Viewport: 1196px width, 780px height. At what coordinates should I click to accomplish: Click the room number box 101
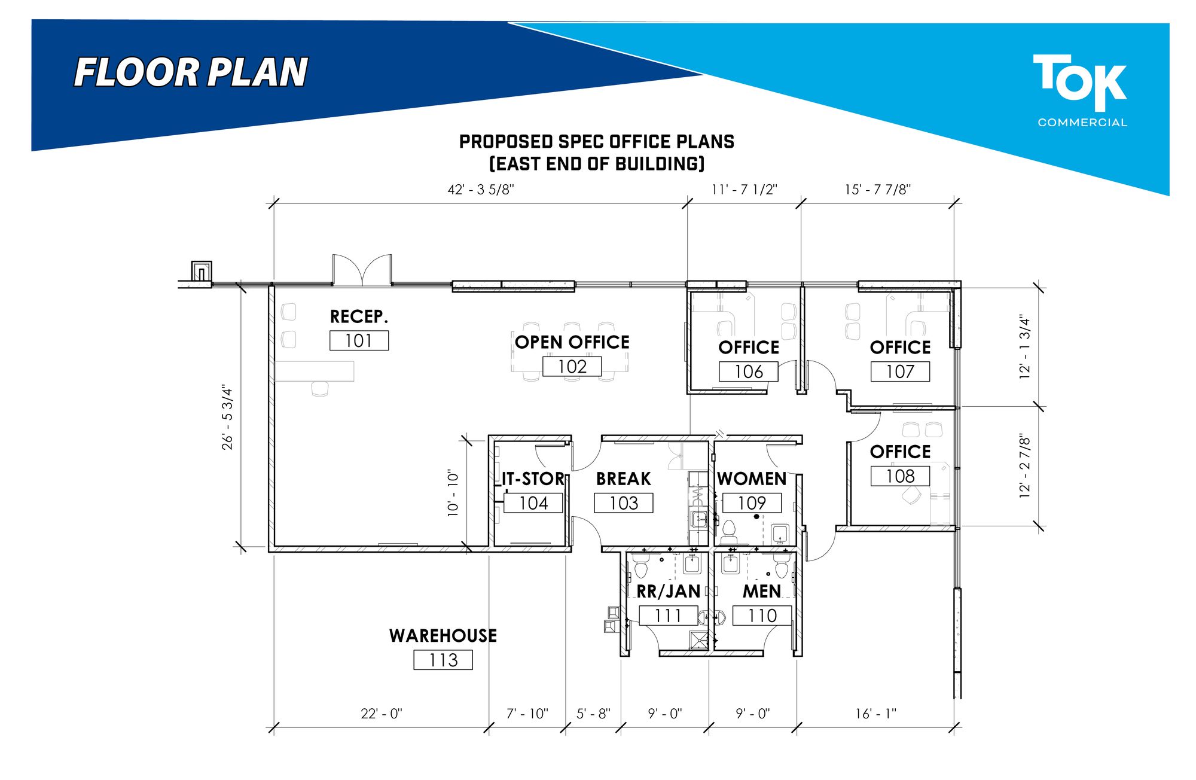point(359,340)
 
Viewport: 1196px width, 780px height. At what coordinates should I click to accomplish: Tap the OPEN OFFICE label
point(572,342)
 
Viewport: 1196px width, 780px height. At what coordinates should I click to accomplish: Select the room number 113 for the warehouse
point(443,660)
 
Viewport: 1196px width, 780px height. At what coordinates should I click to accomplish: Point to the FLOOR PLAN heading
point(191,73)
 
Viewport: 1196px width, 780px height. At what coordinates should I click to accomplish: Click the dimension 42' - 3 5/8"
point(481,190)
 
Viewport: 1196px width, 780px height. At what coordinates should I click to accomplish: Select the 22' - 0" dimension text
point(382,714)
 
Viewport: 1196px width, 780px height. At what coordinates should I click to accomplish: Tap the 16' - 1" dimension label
point(875,714)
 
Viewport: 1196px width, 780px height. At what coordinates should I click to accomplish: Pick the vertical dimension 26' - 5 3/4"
point(227,417)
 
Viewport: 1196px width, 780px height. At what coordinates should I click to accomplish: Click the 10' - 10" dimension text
point(453,493)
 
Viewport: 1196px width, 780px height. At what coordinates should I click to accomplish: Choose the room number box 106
point(749,371)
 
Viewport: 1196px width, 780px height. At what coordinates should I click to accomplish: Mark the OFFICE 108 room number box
point(900,476)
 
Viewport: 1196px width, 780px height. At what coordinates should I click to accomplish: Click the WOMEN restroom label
point(752,479)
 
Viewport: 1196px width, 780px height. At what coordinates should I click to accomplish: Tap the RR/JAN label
point(668,592)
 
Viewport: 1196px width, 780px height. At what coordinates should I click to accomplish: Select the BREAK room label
point(623,479)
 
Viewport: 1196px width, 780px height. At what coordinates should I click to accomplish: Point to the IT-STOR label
point(533,479)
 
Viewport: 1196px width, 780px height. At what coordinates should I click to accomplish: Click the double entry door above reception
point(362,270)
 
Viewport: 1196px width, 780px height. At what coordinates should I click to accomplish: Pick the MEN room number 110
point(762,616)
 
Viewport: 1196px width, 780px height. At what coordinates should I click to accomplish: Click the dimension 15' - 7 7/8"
point(878,190)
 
